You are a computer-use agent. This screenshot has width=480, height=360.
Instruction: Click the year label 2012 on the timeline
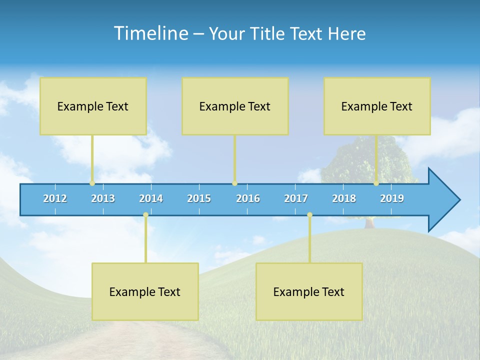[x=55, y=198]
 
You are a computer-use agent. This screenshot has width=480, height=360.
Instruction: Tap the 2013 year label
[x=103, y=198]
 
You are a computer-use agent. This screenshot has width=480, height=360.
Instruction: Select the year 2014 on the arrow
[x=151, y=198]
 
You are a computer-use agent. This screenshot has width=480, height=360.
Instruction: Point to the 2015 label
[x=199, y=198]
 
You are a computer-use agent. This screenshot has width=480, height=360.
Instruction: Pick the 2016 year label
[x=248, y=198]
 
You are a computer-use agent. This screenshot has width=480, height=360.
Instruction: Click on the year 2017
[x=296, y=198]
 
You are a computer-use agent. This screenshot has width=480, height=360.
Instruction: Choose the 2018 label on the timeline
[x=344, y=198]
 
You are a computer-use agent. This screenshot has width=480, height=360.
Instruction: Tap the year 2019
[x=392, y=198]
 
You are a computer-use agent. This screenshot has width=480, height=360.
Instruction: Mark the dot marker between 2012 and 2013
[x=92, y=183]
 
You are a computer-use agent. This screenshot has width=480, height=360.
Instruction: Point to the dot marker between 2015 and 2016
[x=234, y=183]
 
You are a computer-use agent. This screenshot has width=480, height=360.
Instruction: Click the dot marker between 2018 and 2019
[x=376, y=183]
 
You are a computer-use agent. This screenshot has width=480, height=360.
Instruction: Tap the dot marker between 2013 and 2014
[x=145, y=215]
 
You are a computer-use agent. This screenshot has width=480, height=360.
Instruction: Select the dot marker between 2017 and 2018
[x=309, y=215]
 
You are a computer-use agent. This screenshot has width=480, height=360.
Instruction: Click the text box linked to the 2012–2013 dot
[x=93, y=106]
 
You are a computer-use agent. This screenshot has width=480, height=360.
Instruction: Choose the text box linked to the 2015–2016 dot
[x=235, y=106]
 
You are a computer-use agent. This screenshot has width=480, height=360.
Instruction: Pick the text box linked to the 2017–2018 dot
[x=309, y=291]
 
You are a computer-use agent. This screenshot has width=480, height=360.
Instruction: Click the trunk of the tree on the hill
[x=369, y=223]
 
